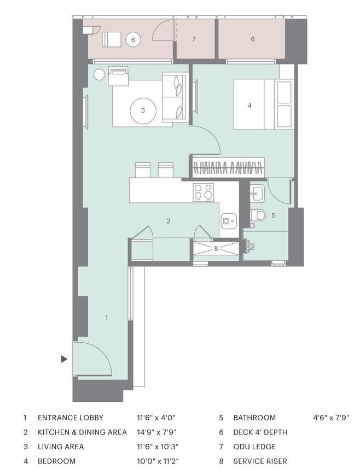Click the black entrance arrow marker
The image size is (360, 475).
pos(64,359)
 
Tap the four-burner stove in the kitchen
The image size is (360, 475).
pos(204,191)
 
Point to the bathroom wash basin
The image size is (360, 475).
pos(257,192)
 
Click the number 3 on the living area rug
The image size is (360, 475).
pos(143,110)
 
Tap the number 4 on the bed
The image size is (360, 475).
pos(249,105)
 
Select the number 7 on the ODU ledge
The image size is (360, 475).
pos(194,39)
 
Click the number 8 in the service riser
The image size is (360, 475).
pos(216,248)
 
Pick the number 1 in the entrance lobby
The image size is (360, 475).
pos(106,317)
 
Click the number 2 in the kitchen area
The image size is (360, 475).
pos(169,221)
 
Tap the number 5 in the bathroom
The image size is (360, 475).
pos(274,215)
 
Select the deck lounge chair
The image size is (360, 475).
pos(112,39)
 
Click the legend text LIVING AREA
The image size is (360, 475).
pos(61,447)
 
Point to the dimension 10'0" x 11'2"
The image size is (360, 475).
pos(158,461)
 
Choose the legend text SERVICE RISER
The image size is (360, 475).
pos(260,461)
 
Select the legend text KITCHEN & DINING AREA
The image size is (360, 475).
pos(82,432)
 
